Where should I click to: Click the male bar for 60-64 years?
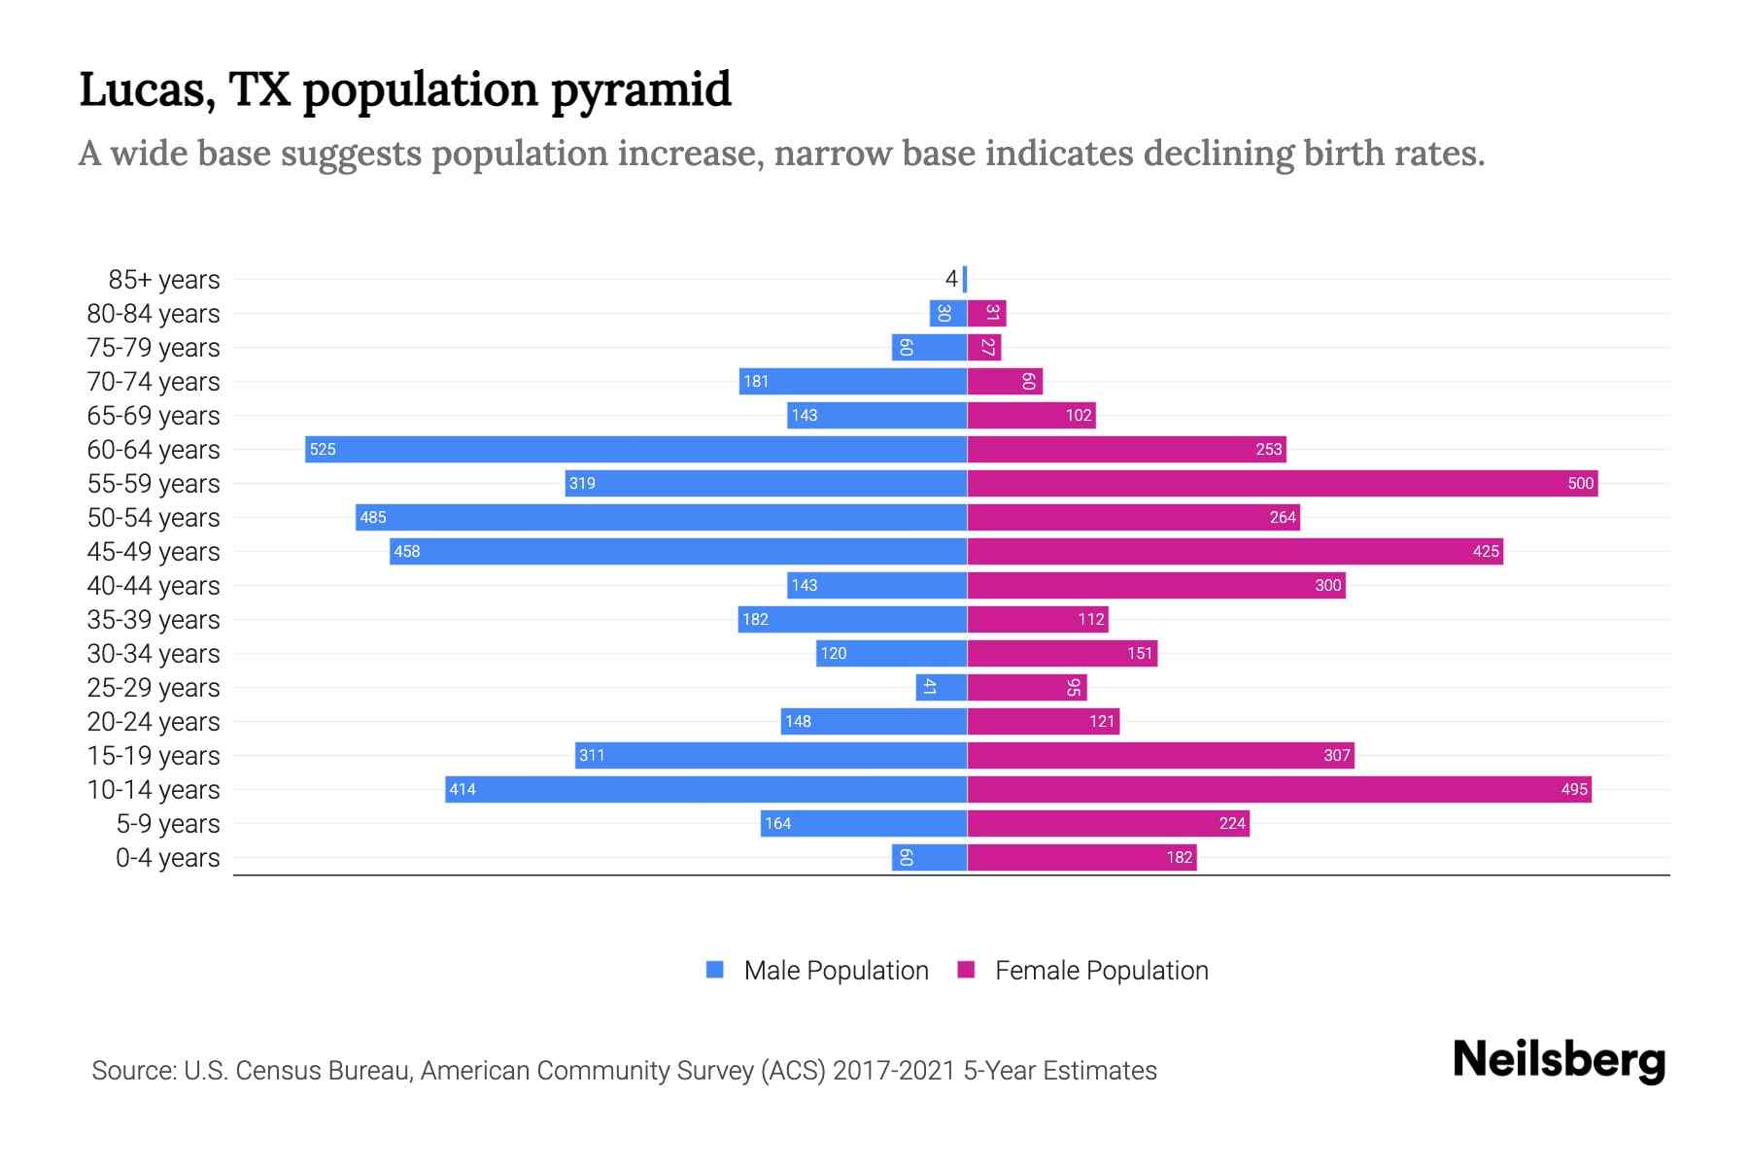click(x=636, y=449)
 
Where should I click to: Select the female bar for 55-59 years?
click(x=1283, y=483)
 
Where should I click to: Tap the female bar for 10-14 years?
click(x=1279, y=789)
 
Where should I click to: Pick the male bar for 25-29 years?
click(x=941, y=687)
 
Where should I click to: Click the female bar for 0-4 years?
click(x=1081, y=857)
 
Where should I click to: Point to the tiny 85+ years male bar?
click(x=965, y=279)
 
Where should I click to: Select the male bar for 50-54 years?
click(x=661, y=517)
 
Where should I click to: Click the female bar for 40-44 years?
click(x=1156, y=585)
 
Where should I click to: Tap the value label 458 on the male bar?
click(x=407, y=551)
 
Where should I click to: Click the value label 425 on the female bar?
click(x=1486, y=551)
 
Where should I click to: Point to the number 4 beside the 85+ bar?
click(x=951, y=279)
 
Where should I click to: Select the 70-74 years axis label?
click(x=154, y=381)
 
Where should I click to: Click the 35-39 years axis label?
click(x=154, y=619)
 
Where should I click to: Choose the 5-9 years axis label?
click(x=168, y=823)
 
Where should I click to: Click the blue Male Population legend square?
click(x=715, y=970)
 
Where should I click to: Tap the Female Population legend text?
click(x=1101, y=970)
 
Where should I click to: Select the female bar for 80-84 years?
click(x=986, y=313)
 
